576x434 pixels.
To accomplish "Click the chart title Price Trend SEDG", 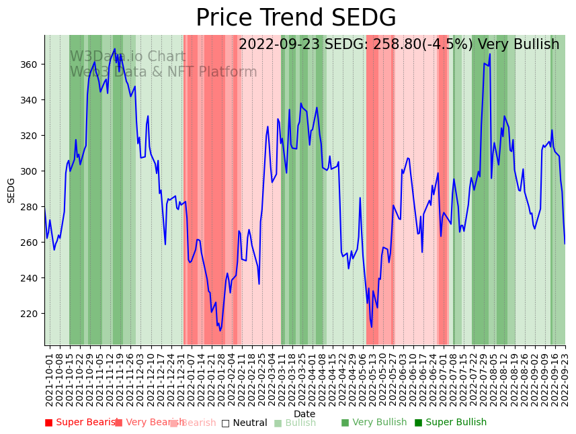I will click(296, 18).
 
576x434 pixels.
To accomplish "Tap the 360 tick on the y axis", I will click(31, 64).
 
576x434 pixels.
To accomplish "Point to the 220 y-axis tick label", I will click(31, 314).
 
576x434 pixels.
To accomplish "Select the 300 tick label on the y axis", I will click(31, 171).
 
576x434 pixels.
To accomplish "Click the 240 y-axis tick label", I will click(31, 278).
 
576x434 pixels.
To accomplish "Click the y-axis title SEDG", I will click(11, 190).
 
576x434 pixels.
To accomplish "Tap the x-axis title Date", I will click(304, 415).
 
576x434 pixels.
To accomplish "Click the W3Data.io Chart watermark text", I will click(128, 56).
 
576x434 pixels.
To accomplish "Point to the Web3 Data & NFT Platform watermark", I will click(163, 72).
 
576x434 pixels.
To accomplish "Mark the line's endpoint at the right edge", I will click(565, 243).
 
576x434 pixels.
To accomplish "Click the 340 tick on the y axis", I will click(31, 100).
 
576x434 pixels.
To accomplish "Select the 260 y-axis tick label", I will click(31, 243).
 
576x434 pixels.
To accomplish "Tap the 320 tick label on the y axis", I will click(31, 136).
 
